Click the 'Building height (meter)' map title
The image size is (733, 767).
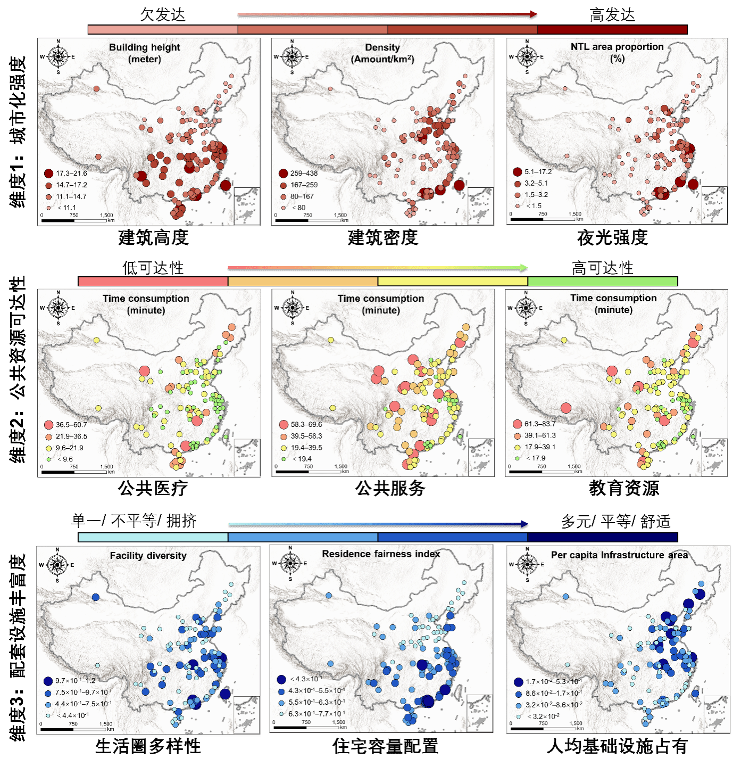pos(145,53)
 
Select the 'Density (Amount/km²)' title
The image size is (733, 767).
pos(382,53)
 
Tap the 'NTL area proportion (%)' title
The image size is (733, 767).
pos(617,52)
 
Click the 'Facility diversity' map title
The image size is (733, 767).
pos(148,555)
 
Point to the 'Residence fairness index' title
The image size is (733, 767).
pos(381,554)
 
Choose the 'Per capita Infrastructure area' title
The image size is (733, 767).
pos(619,555)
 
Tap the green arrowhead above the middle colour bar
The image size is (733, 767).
pos(524,267)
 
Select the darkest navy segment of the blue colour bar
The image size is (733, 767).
pos(602,538)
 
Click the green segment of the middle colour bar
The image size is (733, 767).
pos(602,282)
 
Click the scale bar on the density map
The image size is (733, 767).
pos(308,220)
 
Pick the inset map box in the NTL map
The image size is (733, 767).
pos(714,205)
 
